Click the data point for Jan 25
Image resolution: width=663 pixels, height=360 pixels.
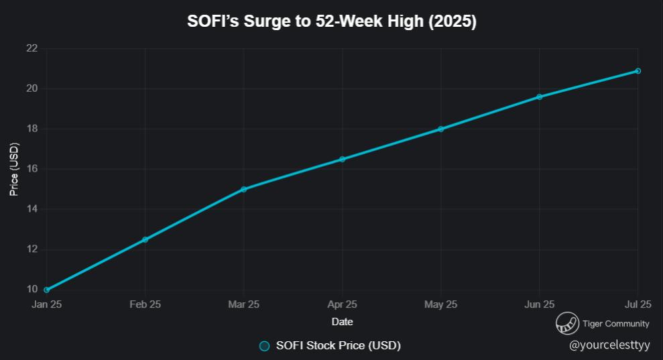coord(47,290)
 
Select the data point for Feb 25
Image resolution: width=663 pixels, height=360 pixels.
coord(145,239)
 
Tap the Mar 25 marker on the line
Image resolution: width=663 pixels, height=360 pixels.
coord(243,189)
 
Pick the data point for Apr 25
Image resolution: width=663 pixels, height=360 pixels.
coord(342,159)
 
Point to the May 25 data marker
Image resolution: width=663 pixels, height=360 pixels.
coord(440,129)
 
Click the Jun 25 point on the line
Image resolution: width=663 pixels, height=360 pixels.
coord(539,97)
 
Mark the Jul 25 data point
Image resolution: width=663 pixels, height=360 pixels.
coord(638,71)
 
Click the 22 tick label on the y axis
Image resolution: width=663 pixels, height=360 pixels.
coord(32,48)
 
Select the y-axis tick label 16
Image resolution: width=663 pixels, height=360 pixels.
coord(32,169)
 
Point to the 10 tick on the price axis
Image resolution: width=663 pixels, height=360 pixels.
coord(32,290)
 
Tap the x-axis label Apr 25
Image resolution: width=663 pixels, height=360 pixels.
coord(342,304)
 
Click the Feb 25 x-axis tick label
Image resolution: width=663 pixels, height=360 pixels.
coord(145,304)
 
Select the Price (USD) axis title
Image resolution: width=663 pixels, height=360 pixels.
coord(13,169)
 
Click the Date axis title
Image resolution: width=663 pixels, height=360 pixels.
coord(342,322)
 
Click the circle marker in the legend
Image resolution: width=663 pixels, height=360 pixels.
coord(264,346)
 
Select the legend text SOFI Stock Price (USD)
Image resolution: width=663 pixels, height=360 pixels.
coord(339,346)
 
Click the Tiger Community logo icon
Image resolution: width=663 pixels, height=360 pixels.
coord(567,323)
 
